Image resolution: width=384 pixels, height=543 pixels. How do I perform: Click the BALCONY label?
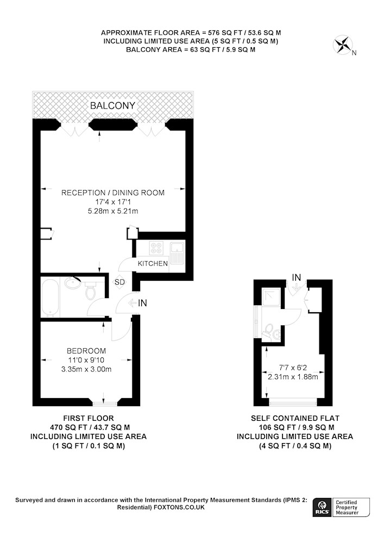[x=112, y=106]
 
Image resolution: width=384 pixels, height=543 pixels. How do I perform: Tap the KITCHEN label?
[x=153, y=263]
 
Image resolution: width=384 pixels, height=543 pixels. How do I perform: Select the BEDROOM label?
[x=86, y=351]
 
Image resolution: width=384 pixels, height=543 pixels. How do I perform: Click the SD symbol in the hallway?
[x=119, y=282]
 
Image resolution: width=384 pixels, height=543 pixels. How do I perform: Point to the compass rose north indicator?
[x=343, y=46]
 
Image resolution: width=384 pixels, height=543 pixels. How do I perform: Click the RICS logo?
[x=322, y=508]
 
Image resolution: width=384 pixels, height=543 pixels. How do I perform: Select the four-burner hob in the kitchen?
[x=156, y=248]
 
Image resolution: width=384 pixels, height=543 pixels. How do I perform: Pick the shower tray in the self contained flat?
[x=273, y=298]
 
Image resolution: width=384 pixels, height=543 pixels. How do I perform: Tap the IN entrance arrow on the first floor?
[x=133, y=304]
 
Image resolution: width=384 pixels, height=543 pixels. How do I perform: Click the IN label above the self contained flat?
[x=297, y=277]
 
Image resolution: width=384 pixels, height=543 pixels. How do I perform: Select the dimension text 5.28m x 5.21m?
[x=113, y=211]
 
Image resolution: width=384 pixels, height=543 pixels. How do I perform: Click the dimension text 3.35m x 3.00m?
[x=86, y=369]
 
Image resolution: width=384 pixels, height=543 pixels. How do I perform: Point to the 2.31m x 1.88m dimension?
[x=293, y=376]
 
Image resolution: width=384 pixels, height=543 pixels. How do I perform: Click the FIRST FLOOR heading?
[x=89, y=418]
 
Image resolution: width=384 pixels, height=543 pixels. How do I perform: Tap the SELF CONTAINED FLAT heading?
[x=295, y=418]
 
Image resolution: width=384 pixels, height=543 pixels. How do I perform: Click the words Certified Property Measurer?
[x=347, y=507]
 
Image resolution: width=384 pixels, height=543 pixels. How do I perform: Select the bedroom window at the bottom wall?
[x=105, y=403]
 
